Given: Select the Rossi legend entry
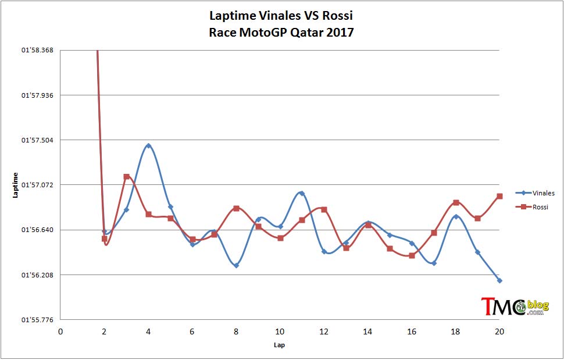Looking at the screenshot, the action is click(531, 207).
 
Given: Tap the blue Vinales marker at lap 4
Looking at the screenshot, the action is click(148, 145).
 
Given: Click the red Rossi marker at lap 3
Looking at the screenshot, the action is click(127, 177).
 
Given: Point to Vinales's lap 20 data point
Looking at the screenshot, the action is click(499, 280).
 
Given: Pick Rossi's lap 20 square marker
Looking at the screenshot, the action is click(499, 197).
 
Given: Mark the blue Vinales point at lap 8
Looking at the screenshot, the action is click(236, 265).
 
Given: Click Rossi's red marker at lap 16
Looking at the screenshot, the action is click(412, 256).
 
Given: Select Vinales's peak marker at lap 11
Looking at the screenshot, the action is click(302, 193).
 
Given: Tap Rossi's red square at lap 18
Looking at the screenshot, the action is click(456, 202).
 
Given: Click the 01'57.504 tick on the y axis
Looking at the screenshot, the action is click(37, 140).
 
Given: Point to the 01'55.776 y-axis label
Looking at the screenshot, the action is click(37, 320).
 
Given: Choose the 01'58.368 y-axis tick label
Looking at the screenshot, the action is click(37, 50).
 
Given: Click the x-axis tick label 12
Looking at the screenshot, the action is click(324, 332).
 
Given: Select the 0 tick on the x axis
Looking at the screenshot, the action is click(60, 332).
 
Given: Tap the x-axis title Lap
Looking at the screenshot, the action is click(279, 345).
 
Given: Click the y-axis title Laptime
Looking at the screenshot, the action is click(15, 185).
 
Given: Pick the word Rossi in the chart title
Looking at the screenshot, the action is click(337, 16).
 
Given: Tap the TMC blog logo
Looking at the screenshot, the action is click(515, 306).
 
